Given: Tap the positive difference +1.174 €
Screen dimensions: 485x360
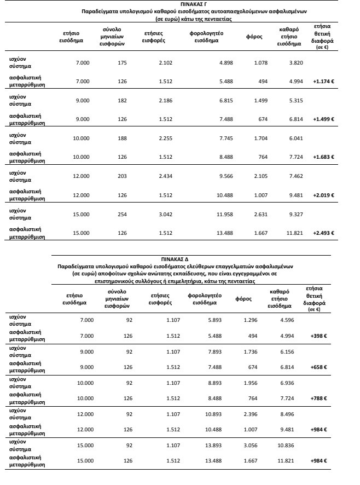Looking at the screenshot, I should tap(323, 82).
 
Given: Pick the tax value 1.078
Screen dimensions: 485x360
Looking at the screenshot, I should tap(260, 63).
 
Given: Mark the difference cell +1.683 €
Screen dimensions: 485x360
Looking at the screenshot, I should tap(323, 157).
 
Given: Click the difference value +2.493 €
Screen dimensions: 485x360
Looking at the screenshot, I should tap(323, 233).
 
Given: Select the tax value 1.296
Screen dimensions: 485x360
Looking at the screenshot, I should tap(250, 320).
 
